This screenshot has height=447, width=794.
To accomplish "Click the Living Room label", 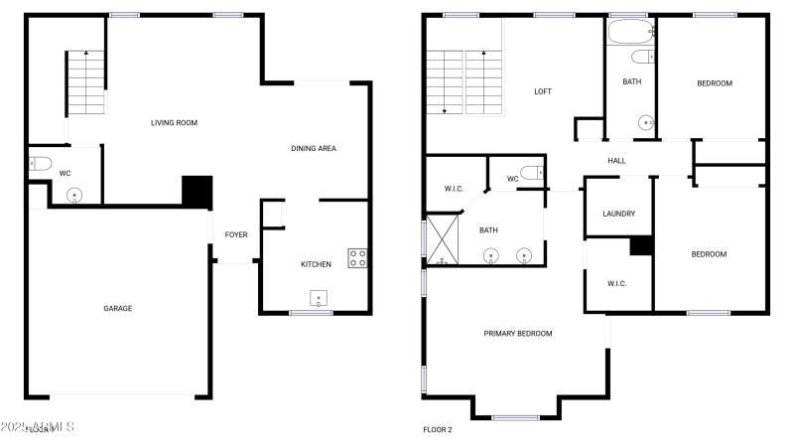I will tap(174, 123).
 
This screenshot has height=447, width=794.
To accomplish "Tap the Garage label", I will tap(118, 308).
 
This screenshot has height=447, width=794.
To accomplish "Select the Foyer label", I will tap(236, 234).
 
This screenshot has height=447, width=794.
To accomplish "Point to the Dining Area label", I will tap(314, 148).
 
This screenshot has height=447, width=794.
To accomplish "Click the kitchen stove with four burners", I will tap(357, 258).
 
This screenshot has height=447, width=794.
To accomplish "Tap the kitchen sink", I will tap(319, 299).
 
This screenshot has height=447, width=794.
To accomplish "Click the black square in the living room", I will tap(198, 191).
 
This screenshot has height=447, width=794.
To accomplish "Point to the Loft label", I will tap(543, 91).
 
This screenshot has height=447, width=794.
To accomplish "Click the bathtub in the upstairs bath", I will tap(630, 36).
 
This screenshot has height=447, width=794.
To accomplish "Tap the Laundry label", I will tap(618, 214).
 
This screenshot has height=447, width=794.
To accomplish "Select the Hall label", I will tap(616, 160).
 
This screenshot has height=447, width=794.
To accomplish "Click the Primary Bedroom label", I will tap(518, 333).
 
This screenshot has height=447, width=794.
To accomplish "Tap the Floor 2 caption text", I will tap(438, 430).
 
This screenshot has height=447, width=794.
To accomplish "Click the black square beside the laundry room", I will tap(641, 245).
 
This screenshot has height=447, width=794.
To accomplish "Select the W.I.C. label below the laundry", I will tap(618, 284).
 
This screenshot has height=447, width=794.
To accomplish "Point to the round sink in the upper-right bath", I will tap(646, 123).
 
